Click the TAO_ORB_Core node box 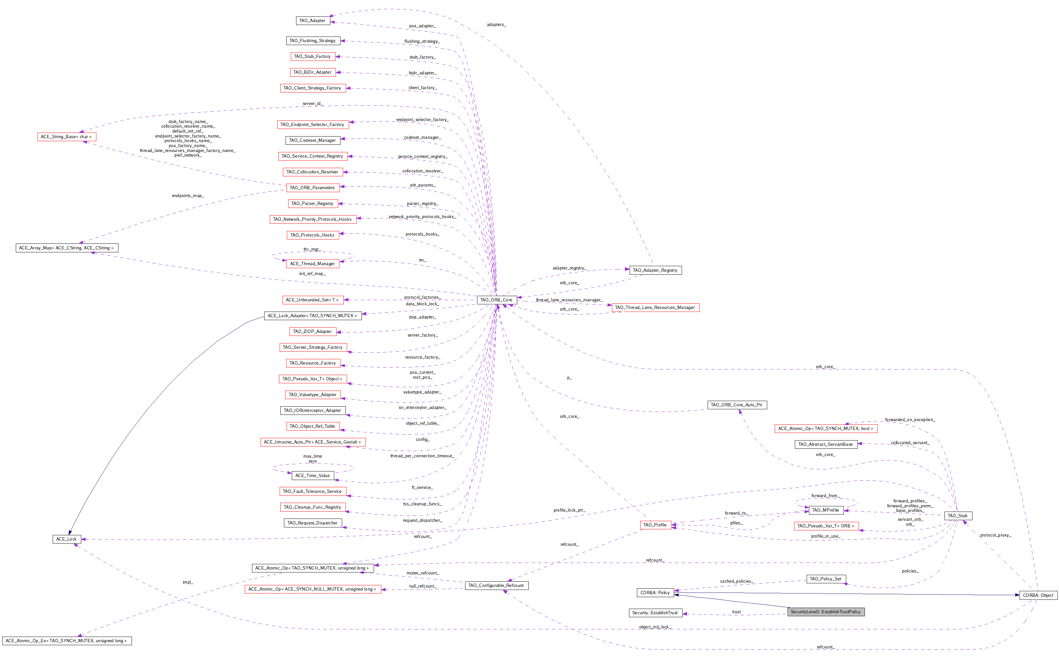[497, 300]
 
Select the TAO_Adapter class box [312, 20]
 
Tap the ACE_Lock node [66, 539]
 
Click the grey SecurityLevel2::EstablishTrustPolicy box [825, 612]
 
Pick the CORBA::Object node [1038, 596]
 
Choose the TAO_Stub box [957, 516]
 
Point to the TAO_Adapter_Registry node [655, 270]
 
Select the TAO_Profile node [655, 525]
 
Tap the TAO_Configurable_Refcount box [496, 586]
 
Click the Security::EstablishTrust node [655, 613]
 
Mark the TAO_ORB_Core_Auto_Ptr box [737, 405]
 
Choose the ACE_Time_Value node [313, 475]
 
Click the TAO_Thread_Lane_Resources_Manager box [655, 308]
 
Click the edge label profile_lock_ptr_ [569, 510]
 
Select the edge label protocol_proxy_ [996, 535]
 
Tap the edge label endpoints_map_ [188, 196]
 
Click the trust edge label [737, 612]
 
